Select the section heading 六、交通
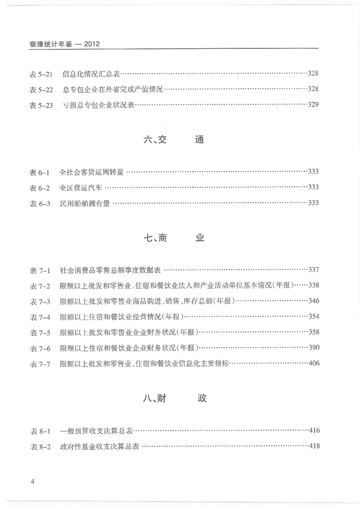click(173, 139)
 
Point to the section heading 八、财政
click(174, 398)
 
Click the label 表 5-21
click(41, 74)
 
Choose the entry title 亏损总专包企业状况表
click(98, 105)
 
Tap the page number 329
click(313, 105)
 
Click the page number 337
click(313, 270)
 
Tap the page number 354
click(313, 317)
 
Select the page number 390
click(313, 348)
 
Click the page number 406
click(313, 364)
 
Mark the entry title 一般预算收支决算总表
click(96, 431)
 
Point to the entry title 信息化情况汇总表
click(90, 74)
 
